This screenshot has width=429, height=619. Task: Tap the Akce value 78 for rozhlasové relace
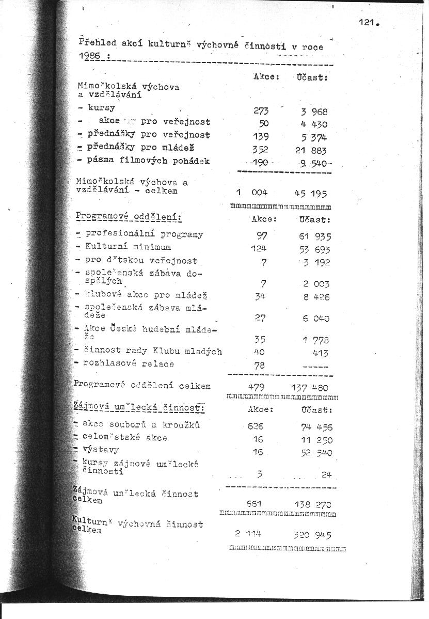(x=259, y=365)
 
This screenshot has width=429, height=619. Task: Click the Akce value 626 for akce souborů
(x=255, y=426)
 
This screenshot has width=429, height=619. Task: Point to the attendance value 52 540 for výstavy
(x=316, y=453)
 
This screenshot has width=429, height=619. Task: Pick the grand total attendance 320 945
(x=312, y=535)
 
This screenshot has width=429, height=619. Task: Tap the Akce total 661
(x=255, y=503)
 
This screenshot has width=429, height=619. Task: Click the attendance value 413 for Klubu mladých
(x=320, y=353)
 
